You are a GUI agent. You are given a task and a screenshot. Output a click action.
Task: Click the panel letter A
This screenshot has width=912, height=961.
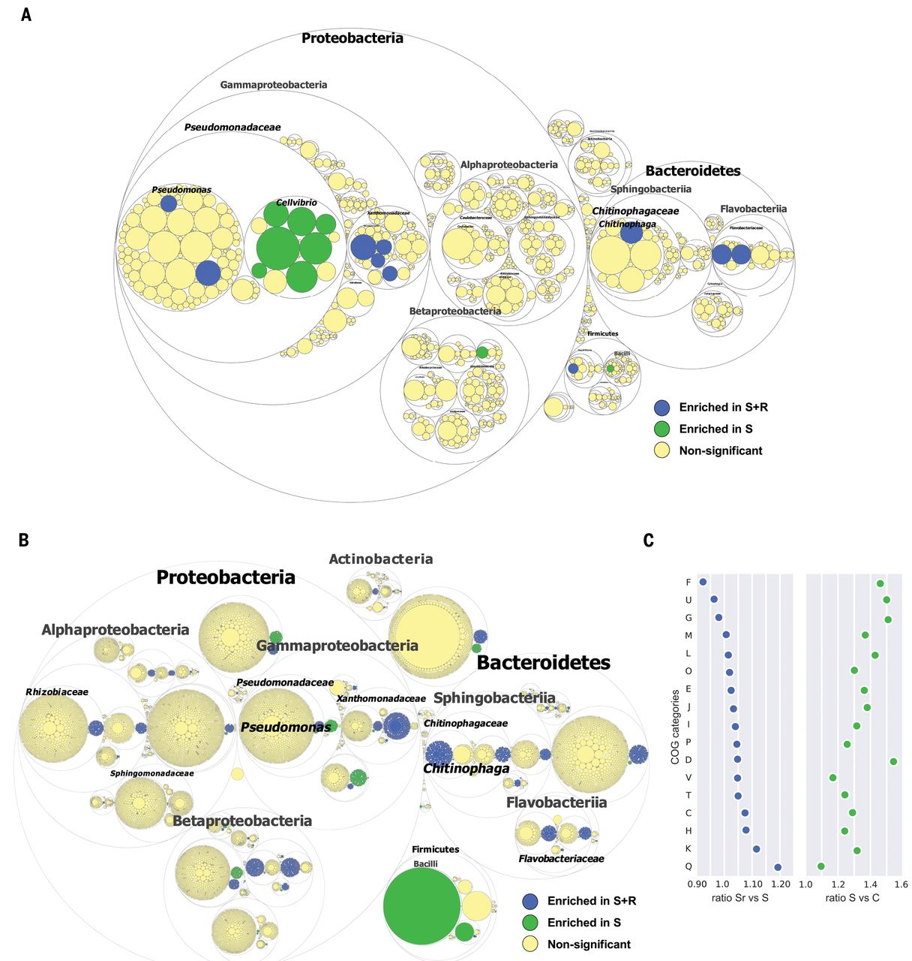pyautogui.click(x=26, y=14)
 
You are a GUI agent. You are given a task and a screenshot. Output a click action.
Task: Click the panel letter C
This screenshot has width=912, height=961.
pyautogui.click(x=649, y=540)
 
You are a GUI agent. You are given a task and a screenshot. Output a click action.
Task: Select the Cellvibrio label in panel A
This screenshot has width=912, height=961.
pyautogui.click(x=296, y=203)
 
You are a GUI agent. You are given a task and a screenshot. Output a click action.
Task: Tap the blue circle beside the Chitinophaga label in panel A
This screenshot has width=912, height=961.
pyautogui.click(x=631, y=233)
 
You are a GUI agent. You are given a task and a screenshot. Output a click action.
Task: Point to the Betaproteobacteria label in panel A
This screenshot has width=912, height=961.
pyautogui.click(x=455, y=311)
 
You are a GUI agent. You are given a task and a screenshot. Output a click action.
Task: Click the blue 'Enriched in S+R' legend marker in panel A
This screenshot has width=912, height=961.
pyautogui.click(x=661, y=408)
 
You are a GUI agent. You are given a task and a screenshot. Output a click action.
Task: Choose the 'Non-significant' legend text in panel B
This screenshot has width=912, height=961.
pyautogui.click(x=589, y=944)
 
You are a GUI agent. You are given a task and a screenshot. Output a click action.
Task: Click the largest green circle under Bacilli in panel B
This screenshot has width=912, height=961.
pyautogui.click(x=422, y=905)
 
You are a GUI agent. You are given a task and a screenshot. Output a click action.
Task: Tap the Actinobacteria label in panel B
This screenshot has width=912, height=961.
pyautogui.click(x=381, y=559)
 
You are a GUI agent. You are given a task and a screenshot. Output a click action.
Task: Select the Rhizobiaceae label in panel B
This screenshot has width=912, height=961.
pyautogui.click(x=57, y=691)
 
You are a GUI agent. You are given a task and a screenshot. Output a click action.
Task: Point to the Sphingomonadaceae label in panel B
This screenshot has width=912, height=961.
pyautogui.click(x=151, y=773)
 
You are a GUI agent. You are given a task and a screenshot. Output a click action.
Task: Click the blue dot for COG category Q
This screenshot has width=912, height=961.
pyautogui.click(x=778, y=867)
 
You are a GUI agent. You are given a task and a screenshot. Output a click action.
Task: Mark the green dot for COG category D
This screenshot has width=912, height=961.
pyautogui.click(x=893, y=761)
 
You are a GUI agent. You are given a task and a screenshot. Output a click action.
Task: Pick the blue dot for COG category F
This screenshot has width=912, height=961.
pyautogui.click(x=703, y=582)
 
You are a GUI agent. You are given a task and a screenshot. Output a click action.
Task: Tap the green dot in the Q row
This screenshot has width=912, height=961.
pyautogui.click(x=821, y=866)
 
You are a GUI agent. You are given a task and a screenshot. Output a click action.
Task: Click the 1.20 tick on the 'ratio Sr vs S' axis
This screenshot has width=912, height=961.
pyautogui.click(x=780, y=884)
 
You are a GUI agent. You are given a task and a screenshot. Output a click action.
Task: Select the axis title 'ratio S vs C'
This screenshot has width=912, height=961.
pyautogui.click(x=852, y=898)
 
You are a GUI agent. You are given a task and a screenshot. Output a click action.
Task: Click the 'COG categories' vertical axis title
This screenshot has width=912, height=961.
pyautogui.click(x=675, y=726)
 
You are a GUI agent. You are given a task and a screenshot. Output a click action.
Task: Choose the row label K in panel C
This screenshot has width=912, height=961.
pyautogui.click(x=688, y=848)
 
